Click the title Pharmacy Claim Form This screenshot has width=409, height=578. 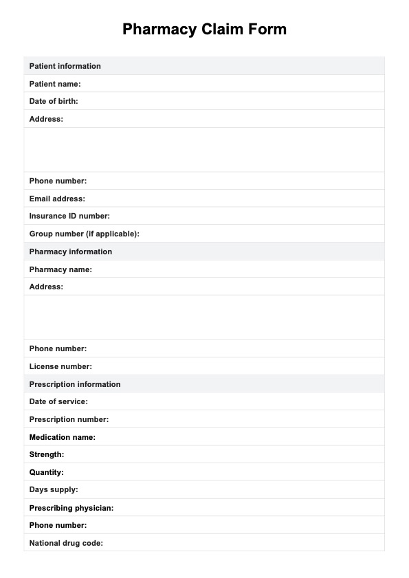[204, 30]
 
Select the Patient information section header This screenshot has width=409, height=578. [65, 66]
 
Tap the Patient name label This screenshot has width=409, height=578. [55, 84]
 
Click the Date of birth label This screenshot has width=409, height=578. [54, 101]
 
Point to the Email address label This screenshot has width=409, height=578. [57, 199]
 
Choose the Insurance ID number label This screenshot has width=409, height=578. [69, 216]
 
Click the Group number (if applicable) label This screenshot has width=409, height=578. [84, 234]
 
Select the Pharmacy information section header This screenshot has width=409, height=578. [70, 252]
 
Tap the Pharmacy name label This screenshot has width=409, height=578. [60, 269]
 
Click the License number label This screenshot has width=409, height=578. [60, 366]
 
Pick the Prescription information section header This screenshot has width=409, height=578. [74, 384]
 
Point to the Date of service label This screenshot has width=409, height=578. [58, 401]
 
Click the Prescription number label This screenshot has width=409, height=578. [69, 419]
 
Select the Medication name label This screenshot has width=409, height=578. [62, 437]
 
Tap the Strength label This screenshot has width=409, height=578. [47, 454]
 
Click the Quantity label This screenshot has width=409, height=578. [47, 472]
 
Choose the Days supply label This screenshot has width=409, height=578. [54, 489]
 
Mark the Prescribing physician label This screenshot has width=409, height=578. [71, 508]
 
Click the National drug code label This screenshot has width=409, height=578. [66, 543]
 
